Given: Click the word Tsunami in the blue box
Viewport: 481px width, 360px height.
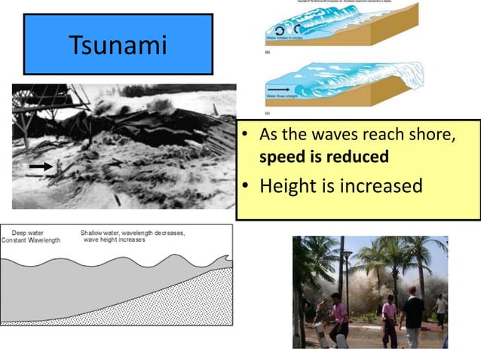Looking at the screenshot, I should [x=118, y=44].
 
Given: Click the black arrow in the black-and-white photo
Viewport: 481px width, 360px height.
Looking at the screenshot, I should [x=41, y=165].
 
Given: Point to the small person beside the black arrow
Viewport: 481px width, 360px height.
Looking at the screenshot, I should [x=58, y=168].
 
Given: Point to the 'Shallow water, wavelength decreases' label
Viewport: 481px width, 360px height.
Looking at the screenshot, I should [x=133, y=233].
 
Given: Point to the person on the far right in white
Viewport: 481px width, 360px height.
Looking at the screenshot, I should [x=442, y=310].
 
